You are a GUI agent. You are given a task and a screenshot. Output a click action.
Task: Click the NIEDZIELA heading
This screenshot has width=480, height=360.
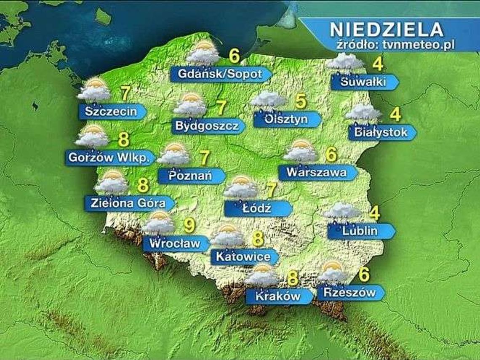(386, 29)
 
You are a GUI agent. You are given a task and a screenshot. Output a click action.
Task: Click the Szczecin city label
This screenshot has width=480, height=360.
(111, 112)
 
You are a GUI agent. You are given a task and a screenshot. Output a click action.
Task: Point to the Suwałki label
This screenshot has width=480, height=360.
(363, 82)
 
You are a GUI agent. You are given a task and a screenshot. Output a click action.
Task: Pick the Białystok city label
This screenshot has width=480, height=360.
(381, 133)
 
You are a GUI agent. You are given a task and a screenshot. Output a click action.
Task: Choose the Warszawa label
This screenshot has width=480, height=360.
(316, 172)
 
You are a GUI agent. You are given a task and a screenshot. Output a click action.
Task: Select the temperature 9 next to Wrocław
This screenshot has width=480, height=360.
(189, 226)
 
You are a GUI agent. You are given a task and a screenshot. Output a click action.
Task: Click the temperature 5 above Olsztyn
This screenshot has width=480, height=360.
(300, 101)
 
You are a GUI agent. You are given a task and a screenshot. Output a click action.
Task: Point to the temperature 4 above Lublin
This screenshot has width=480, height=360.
(374, 213)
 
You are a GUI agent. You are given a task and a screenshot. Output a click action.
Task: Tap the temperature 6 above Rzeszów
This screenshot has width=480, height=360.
(364, 274)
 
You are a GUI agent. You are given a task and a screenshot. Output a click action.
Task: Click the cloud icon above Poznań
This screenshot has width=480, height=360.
(173, 155)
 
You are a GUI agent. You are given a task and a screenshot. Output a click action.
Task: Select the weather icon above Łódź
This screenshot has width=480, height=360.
(240, 188)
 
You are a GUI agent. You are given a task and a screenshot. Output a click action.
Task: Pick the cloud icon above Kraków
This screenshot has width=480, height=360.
(262, 276)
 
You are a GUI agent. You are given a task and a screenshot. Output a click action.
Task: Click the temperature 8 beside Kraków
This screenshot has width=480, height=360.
(292, 278)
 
